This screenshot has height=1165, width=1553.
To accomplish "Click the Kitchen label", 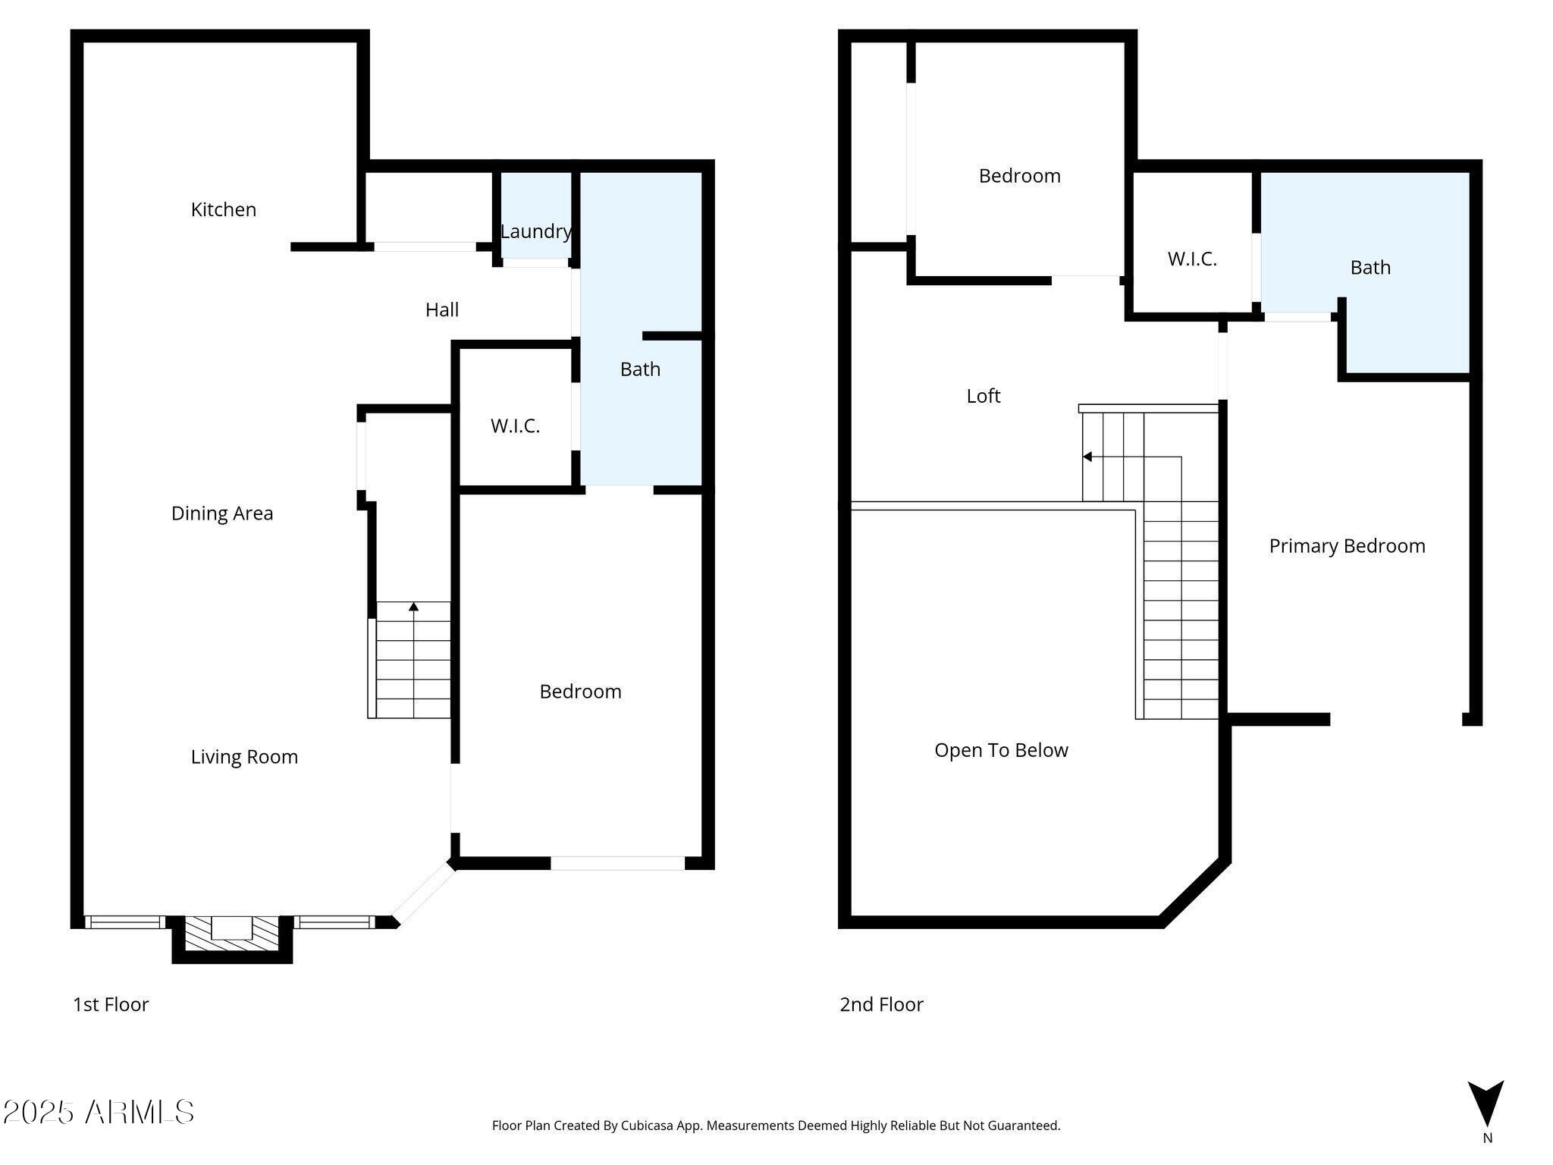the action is coord(224,209).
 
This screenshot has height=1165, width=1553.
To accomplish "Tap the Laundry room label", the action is coord(536,231).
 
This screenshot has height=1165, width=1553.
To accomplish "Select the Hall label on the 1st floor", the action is coord(442,309).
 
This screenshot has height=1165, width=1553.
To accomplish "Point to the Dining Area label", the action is coord(222,513).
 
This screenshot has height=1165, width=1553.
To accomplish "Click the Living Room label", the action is coord(244,757).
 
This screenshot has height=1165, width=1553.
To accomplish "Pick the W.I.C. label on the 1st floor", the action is coord(516,426).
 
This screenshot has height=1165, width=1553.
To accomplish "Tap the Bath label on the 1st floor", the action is coord(640,369).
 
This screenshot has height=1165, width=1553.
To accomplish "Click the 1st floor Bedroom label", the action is coord(581,692).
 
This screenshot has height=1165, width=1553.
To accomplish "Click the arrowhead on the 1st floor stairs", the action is coord(413,607).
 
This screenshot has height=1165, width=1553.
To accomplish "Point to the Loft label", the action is coord(984,396).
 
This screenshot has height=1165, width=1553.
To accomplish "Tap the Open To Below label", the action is coord(1001,750).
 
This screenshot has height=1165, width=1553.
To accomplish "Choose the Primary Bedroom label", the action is coord(1348,546).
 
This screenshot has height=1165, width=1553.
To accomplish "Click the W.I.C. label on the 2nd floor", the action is coord(1192,259).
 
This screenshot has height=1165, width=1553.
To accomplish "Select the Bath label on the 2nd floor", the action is coord(1370,268).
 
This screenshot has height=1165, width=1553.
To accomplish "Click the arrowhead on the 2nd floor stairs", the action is coord(1087,457).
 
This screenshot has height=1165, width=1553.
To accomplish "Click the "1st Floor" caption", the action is coord(111,1004).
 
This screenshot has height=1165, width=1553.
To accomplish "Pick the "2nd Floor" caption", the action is coord(881,1004).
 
